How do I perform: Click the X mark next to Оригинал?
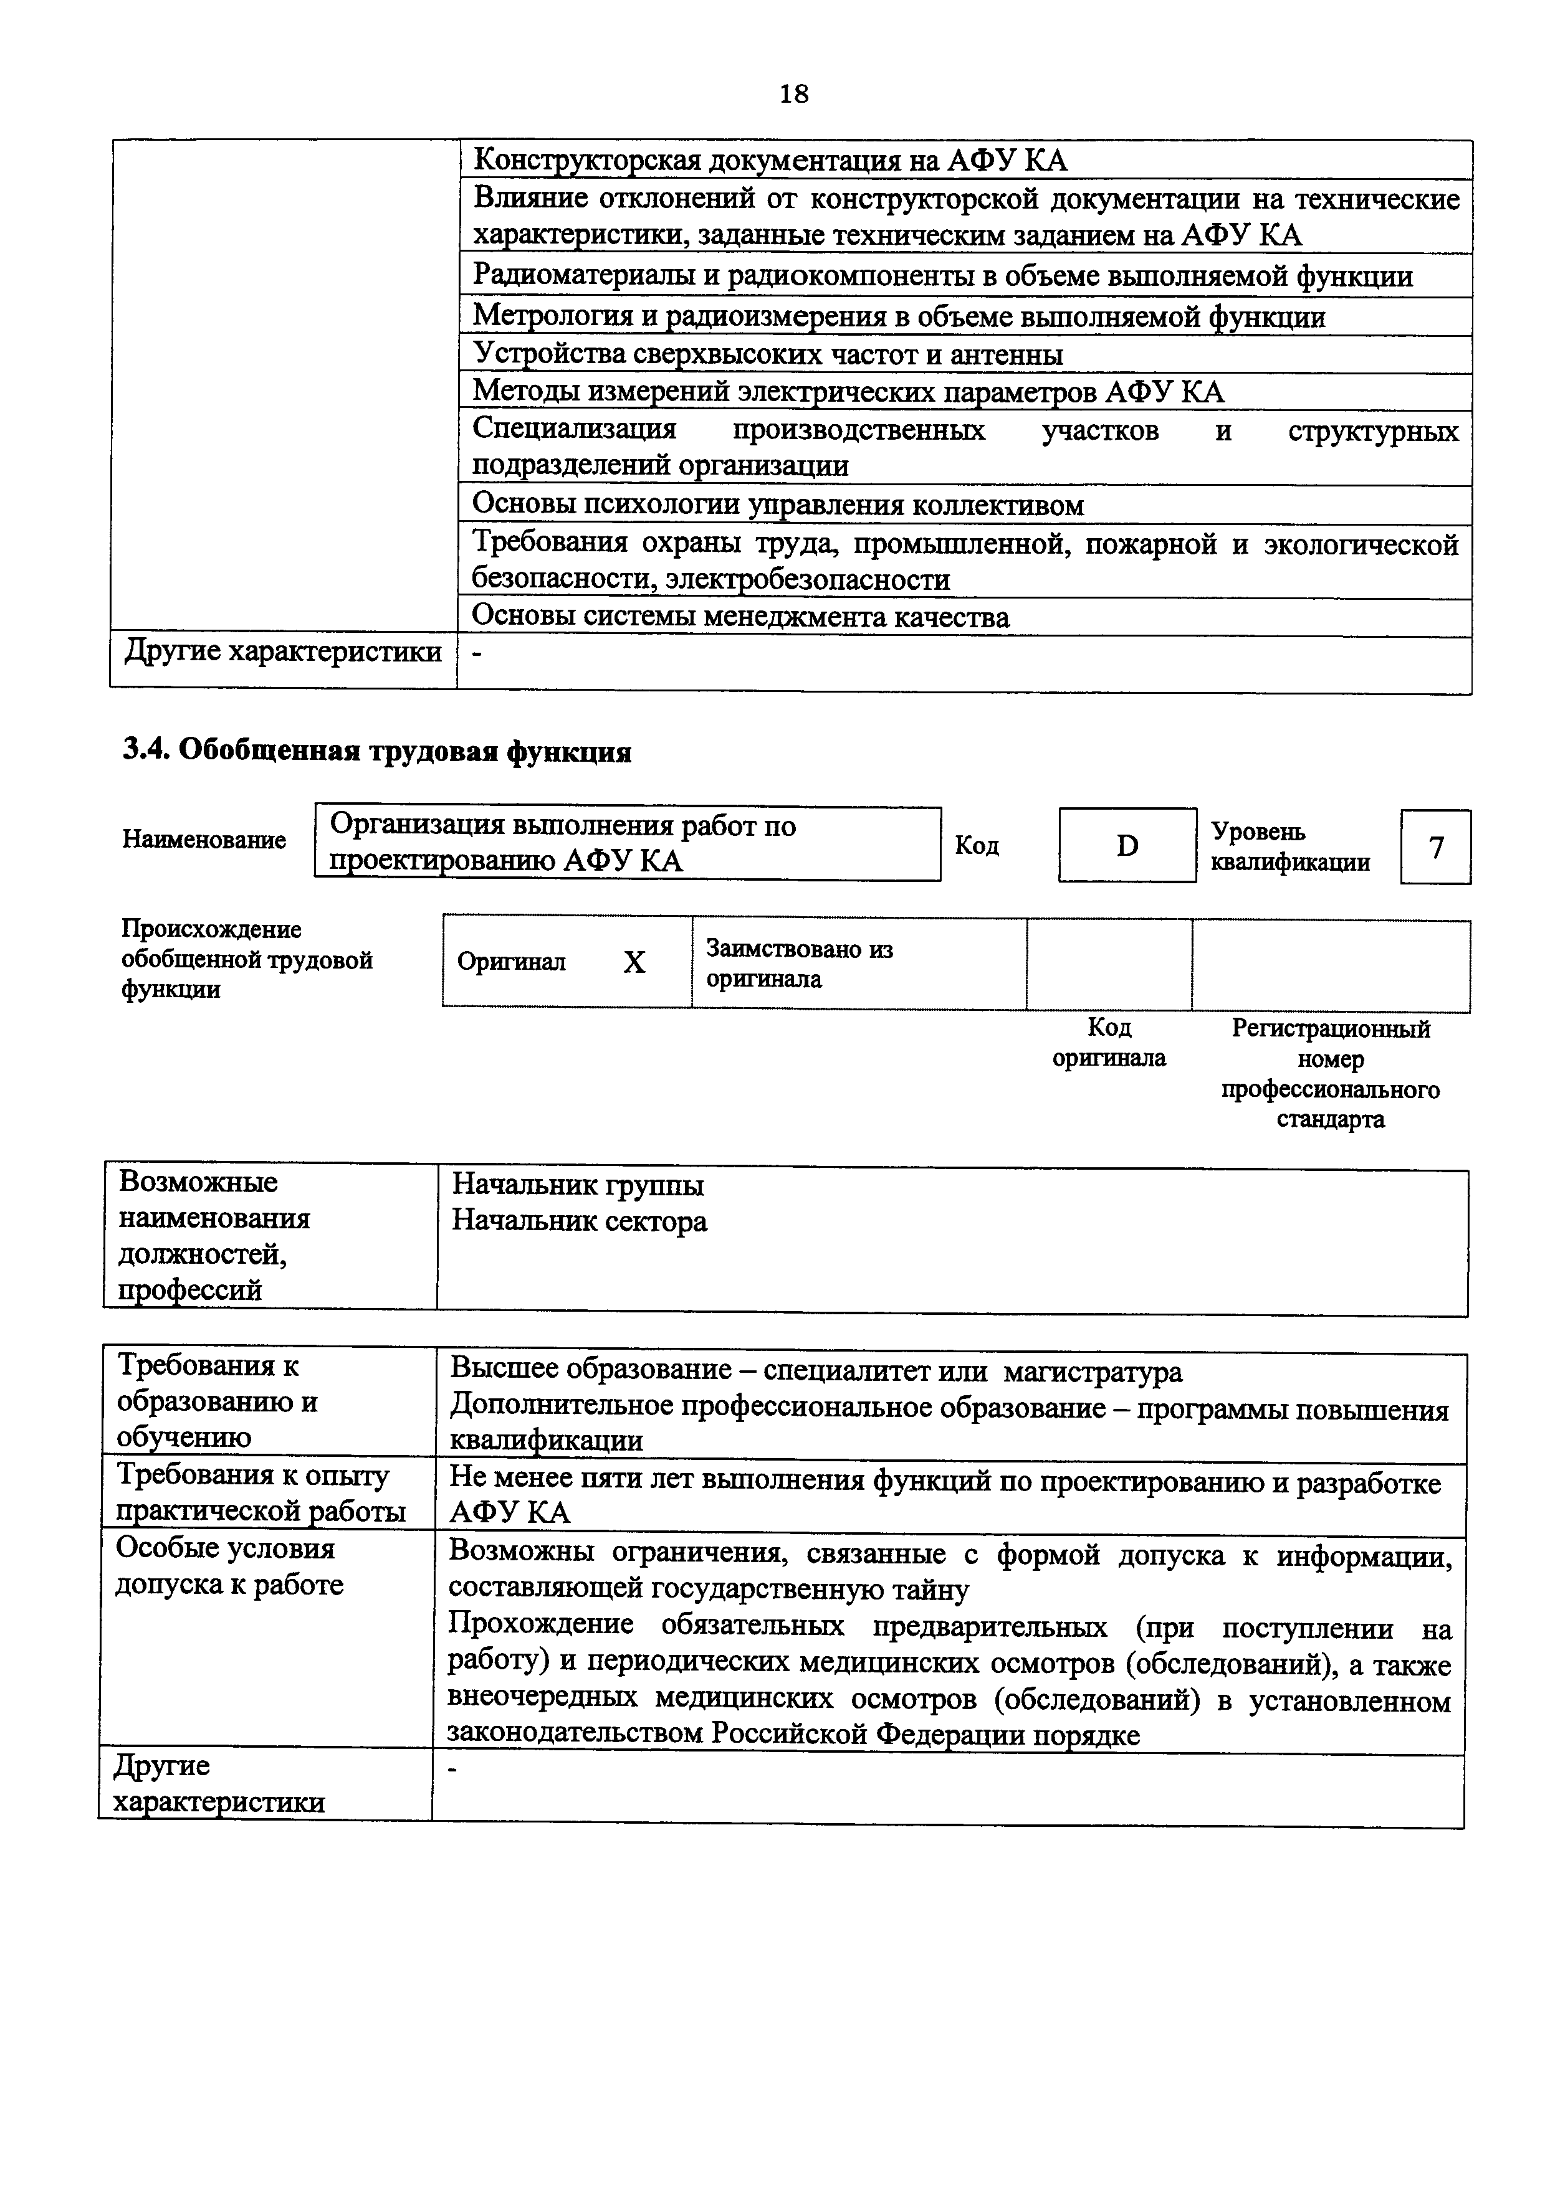[634, 963]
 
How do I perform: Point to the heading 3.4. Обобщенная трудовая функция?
[377, 752]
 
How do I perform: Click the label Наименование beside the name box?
[204, 840]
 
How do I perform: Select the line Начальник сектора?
[579, 1221]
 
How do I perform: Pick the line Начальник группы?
[578, 1186]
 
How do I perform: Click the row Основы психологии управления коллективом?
[778, 505]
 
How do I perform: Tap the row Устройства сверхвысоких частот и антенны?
[767, 354]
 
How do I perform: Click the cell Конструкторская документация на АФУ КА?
[770, 160]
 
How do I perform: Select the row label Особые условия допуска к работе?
[229, 1565]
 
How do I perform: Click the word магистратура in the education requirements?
[1093, 1372]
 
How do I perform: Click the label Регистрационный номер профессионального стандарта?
[1330, 1073]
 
